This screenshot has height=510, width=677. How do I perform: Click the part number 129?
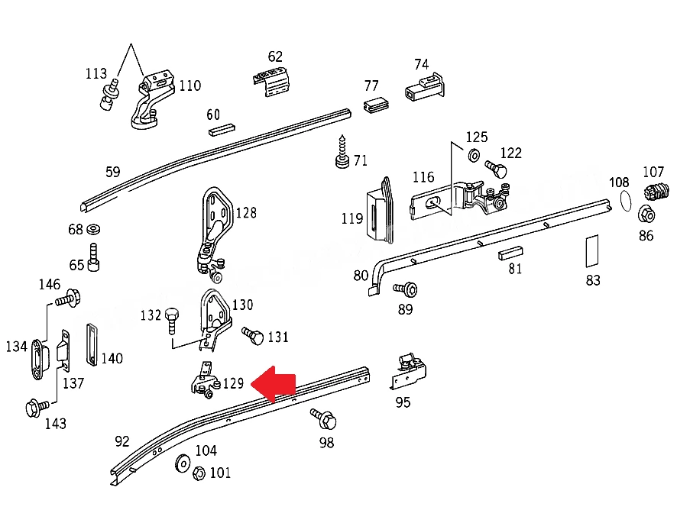[233, 383]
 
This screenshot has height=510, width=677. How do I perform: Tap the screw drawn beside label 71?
[342, 152]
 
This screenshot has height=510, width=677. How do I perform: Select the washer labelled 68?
[93, 229]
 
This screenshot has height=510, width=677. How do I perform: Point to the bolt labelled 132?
[171, 321]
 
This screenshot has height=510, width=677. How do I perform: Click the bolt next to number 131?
[253, 335]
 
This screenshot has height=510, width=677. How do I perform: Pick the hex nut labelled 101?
[198, 473]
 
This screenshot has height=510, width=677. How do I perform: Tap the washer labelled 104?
[183, 463]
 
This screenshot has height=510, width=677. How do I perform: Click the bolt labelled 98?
[324, 419]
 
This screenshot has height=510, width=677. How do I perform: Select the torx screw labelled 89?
[406, 289]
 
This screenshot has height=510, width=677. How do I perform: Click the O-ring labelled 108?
[625, 200]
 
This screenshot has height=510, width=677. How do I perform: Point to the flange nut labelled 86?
[646, 215]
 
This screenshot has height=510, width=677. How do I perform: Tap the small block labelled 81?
[510, 253]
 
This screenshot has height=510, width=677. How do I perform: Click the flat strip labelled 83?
[592, 251]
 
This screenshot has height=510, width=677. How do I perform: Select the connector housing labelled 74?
[424, 87]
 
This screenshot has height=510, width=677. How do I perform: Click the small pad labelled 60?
[222, 130]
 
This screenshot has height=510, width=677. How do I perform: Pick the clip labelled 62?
[271, 81]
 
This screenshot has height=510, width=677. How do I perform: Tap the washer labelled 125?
[474, 155]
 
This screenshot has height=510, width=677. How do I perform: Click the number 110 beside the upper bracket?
[190, 86]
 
